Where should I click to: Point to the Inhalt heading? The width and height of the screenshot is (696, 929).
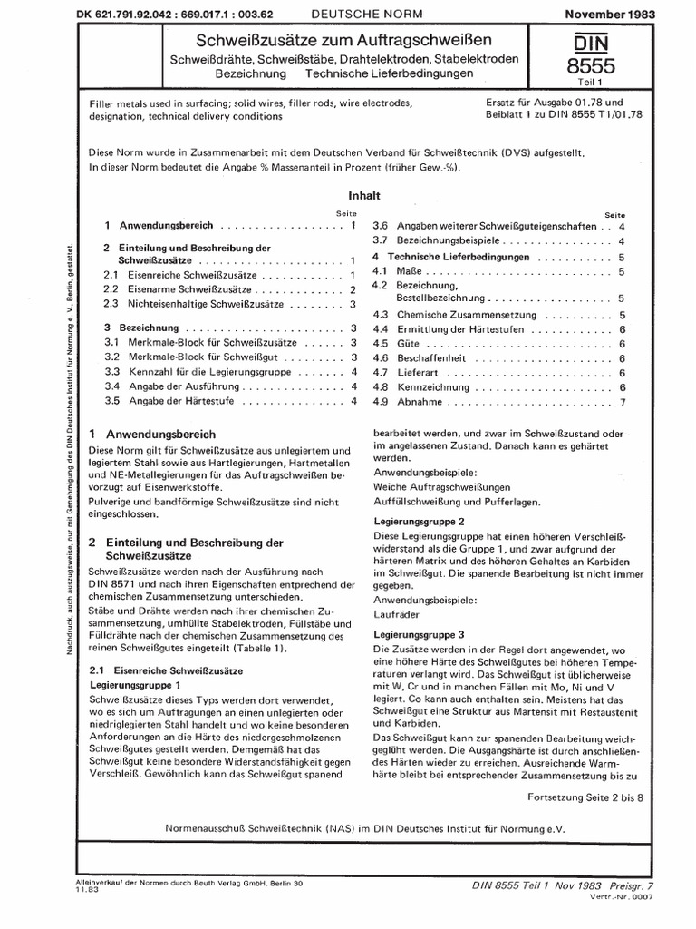[362, 195]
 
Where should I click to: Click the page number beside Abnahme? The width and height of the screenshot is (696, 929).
[623, 402]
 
